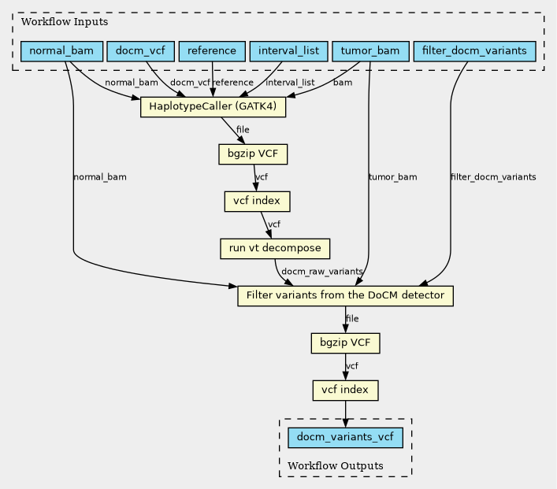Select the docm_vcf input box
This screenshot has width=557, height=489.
pos(139,52)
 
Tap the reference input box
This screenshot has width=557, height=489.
pos(213,52)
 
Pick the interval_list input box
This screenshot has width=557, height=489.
pos(288,52)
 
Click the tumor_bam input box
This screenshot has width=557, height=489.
pos(369,52)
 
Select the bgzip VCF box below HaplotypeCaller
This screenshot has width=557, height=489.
pos(253,154)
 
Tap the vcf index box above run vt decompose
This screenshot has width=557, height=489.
pos(258,202)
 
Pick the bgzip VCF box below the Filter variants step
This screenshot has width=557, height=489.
pos(346,343)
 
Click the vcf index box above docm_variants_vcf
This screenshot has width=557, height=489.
pos(346,390)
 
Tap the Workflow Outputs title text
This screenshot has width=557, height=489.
pos(336,466)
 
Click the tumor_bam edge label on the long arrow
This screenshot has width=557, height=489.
pos(392,177)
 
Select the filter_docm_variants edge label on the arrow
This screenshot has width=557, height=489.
pos(493,177)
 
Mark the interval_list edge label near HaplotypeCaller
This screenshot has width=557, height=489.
pos(290,83)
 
